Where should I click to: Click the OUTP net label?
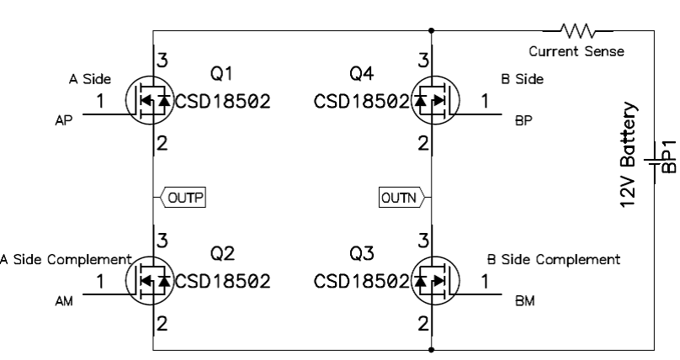(x=183, y=199)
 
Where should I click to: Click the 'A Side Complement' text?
(x=66, y=259)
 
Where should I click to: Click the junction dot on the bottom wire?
(x=432, y=348)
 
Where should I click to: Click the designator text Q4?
(x=362, y=75)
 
